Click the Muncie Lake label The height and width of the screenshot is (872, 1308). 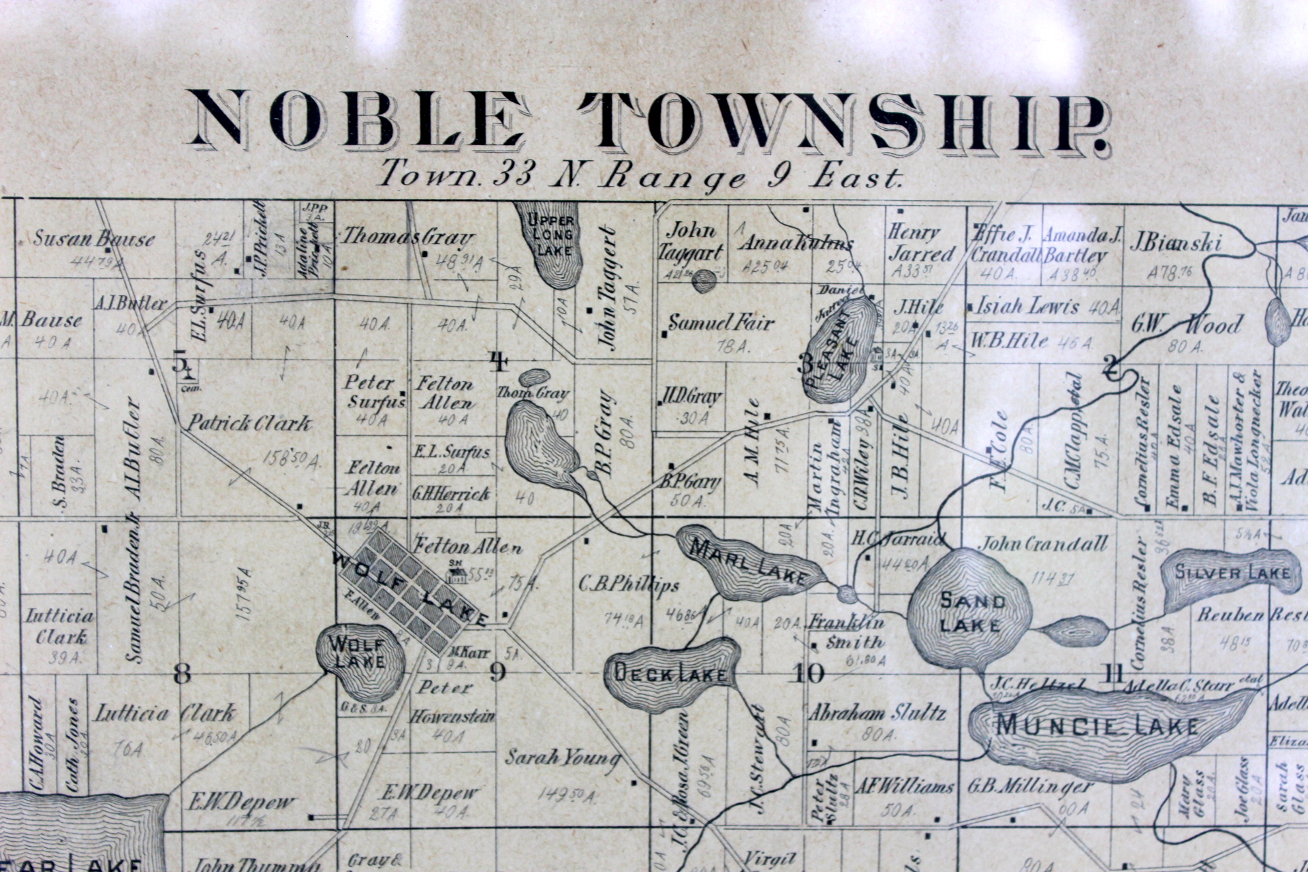(x=1097, y=726)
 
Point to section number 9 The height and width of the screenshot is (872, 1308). (x=498, y=673)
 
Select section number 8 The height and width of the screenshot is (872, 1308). (x=182, y=674)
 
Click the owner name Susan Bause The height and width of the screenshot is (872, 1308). (x=94, y=239)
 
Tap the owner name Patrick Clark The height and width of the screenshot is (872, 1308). (x=249, y=424)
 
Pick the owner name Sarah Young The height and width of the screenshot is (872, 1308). (x=562, y=758)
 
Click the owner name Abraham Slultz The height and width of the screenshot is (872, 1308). (x=877, y=713)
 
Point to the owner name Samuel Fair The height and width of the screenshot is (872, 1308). (x=721, y=322)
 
